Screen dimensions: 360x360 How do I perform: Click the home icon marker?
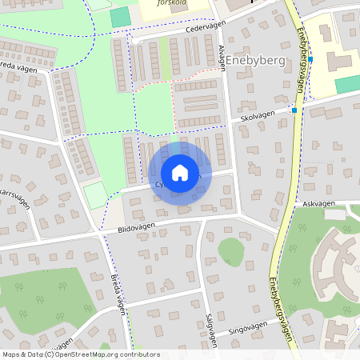179,172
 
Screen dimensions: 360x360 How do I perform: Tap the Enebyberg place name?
255,60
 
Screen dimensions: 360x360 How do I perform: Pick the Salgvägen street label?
210,329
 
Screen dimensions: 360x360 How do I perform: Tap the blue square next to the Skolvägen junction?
294,110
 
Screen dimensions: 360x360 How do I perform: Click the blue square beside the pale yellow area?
310,59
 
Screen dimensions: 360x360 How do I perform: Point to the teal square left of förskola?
119,17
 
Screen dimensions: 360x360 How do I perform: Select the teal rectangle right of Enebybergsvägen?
347,84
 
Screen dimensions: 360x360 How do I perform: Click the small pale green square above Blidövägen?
95,195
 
